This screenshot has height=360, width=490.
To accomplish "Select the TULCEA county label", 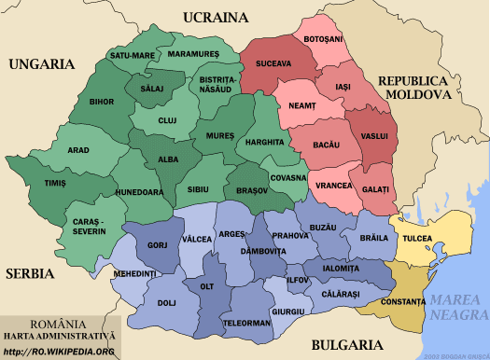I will coord(418,239).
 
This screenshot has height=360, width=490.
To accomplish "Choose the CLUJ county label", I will coord(166,121).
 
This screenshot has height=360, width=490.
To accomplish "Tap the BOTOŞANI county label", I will coord(323,38).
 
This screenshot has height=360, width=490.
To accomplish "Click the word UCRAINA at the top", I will coord(216,17).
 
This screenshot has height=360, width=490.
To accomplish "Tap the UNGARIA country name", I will coord(40,64).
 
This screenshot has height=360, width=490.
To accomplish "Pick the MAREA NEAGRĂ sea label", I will coord(458,308).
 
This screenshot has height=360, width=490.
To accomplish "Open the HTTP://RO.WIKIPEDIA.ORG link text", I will coord(59,352).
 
